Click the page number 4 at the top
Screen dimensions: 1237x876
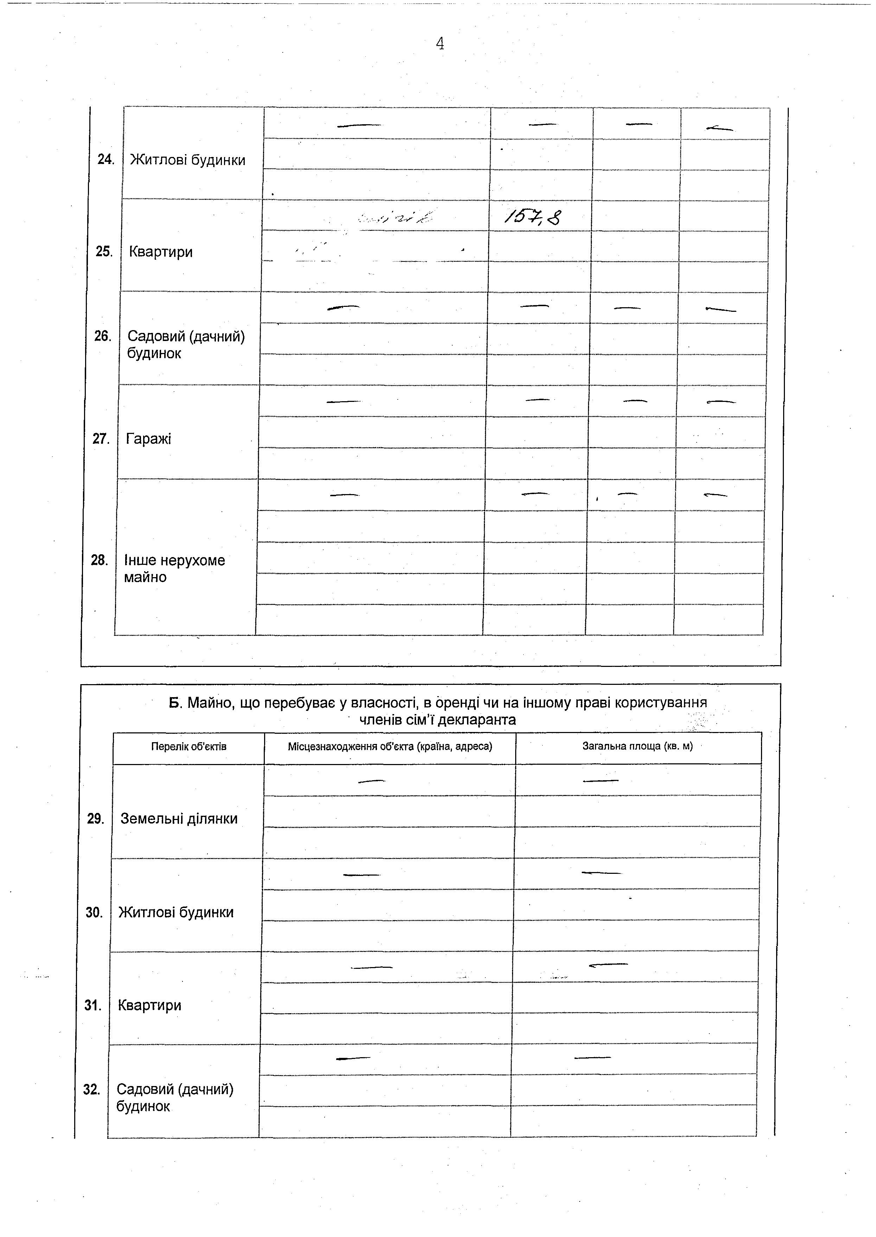tap(440, 43)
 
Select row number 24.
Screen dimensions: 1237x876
tap(106, 160)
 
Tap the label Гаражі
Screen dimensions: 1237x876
tap(148, 439)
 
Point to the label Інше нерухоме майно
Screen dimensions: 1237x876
tap(174, 568)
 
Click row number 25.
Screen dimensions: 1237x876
tap(104, 252)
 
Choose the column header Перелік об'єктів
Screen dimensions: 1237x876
tap(189, 746)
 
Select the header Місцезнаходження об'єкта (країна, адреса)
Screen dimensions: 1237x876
tap(390, 746)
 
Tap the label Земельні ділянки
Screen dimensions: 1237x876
tap(179, 819)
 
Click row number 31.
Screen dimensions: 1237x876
tap(93, 1005)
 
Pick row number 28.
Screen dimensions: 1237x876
tap(99, 560)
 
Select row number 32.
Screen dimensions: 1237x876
tap(92, 1089)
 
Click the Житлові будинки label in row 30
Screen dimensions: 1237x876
tap(176, 912)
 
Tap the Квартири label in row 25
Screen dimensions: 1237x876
tap(161, 252)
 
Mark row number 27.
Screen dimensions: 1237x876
tap(101, 439)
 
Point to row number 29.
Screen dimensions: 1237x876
tap(95, 819)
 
